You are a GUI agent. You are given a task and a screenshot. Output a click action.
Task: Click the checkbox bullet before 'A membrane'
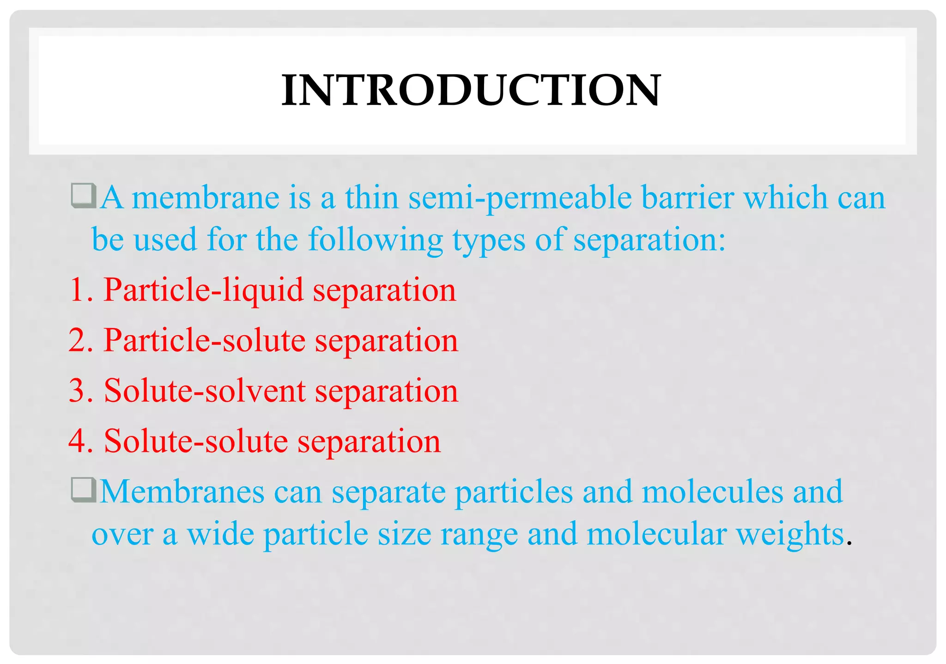point(84,196)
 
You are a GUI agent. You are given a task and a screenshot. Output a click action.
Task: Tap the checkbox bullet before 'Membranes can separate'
point(84,490)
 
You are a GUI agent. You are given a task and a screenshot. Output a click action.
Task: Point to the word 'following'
point(375,240)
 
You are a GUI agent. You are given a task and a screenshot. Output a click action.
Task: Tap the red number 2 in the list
point(78,341)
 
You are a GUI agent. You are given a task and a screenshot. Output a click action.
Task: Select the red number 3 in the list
point(78,391)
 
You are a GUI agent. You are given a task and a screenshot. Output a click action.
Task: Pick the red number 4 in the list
point(78,441)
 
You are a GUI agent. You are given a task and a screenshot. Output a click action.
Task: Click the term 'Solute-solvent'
point(205,391)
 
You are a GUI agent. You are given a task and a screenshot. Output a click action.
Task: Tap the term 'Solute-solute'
point(196,441)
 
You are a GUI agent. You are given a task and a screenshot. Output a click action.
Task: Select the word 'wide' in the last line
point(220,534)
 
